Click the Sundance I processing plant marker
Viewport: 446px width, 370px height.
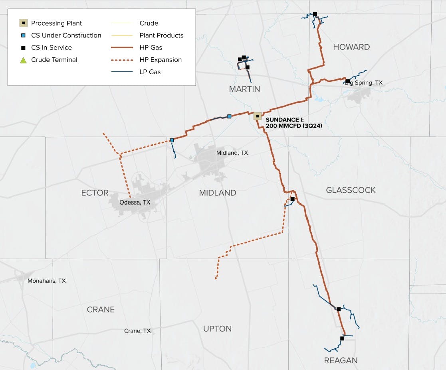[258, 116]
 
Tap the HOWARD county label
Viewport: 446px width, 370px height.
[351, 47]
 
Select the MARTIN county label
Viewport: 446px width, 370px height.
[244, 89]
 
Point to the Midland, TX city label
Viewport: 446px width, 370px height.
[232, 153]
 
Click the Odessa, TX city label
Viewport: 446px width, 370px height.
[135, 203]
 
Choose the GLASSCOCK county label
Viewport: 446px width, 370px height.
[351, 190]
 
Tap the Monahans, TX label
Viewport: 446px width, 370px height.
[46, 281]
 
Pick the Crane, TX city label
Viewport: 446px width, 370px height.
[137, 331]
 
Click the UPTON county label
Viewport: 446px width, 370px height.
[217, 329]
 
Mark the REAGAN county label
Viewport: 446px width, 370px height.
[341, 360]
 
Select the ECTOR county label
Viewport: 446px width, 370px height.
[95, 193]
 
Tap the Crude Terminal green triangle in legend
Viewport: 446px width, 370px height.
[23, 60]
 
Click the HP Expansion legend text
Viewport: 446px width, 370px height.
[161, 60]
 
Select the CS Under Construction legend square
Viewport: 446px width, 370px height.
[23, 35]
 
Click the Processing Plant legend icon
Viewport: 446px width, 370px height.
[23, 23]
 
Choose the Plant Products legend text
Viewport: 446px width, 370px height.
[161, 35]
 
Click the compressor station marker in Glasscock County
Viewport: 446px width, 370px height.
[292, 199]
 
